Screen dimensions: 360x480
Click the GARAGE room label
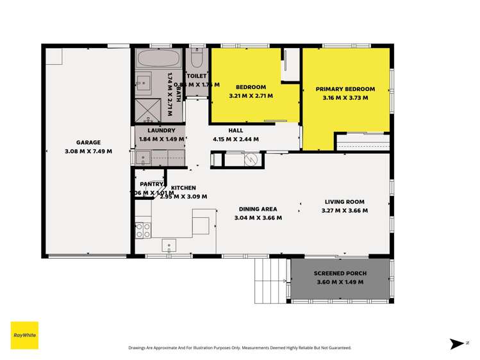point(88,143)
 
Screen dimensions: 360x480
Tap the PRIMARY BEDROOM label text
point(345,89)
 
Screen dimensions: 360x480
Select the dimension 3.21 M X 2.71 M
point(251,96)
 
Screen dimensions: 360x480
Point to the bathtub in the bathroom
point(158,60)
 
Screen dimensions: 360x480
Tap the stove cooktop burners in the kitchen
point(143,231)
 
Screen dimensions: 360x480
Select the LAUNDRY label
point(161,130)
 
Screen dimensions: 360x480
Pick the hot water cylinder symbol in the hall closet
point(251,159)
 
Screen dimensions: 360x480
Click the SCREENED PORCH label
point(340,274)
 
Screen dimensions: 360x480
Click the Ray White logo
point(24,335)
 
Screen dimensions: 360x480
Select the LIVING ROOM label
point(344,201)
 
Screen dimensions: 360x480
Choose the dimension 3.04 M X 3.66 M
point(258,218)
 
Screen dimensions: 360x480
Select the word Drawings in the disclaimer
point(140,348)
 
